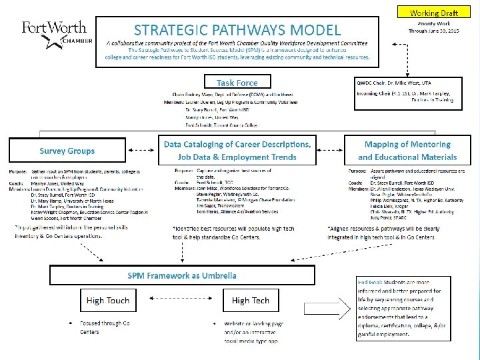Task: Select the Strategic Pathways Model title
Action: click(237, 30)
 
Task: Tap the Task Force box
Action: click(237, 82)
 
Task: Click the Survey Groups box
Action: click(67, 151)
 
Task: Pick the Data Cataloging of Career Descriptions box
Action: click(238, 151)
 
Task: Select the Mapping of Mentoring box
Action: click(407, 151)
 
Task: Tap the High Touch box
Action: click(108, 301)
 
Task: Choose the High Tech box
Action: click(251, 301)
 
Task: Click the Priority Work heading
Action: click(434, 23)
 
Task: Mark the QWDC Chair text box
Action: click(407, 91)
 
